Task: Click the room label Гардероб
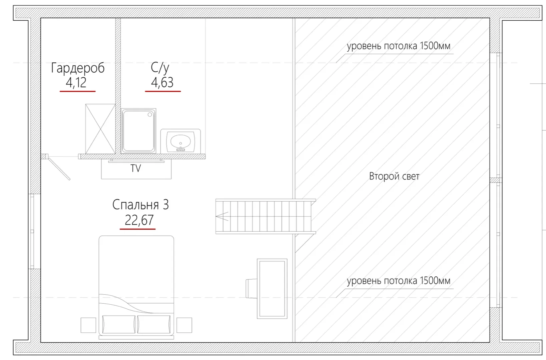point(78,68)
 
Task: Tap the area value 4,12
point(76,83)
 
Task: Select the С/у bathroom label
point(160,68)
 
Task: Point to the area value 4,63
point(162,83)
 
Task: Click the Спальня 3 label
point(141,205)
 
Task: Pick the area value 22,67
point(139,220)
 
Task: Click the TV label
point(136,168)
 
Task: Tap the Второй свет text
point(394,176)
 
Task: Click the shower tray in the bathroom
point(138,131)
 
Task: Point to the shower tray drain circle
point(150,114)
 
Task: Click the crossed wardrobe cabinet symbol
point(100,129)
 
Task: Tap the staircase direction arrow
point(222,216)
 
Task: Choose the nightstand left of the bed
point(88,325)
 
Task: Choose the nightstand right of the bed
point(184,325)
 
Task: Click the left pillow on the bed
point(119,324)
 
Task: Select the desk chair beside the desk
point(251,289)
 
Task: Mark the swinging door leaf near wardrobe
point(59,168)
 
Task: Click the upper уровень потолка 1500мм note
point(399,46)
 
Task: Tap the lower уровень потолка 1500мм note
point(399,281)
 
